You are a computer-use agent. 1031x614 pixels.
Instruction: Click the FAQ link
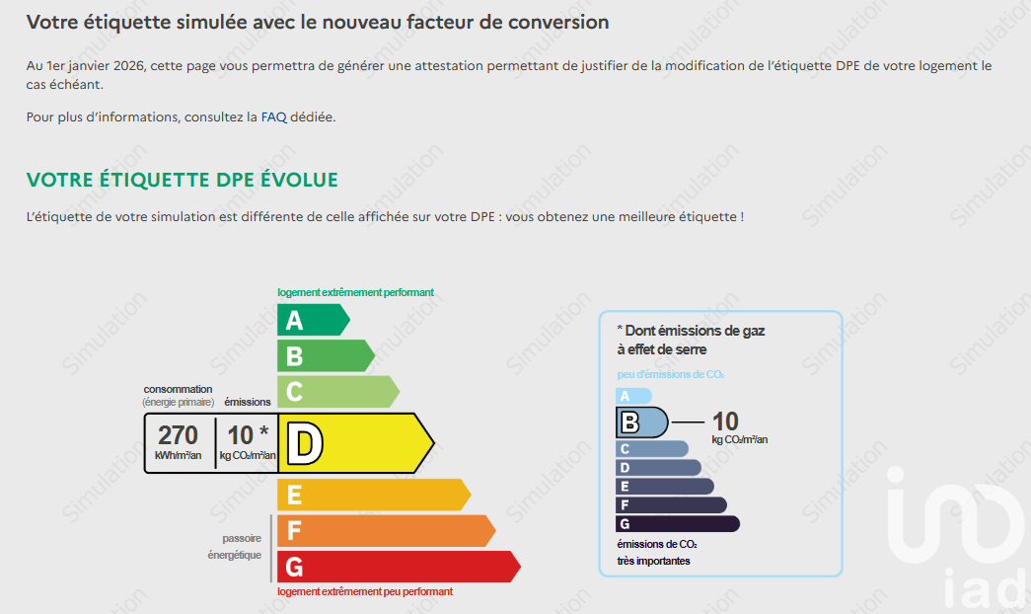[x=273, y=116]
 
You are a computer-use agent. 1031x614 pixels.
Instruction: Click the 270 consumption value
[x=178, y=435]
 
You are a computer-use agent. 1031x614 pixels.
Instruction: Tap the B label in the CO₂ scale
[x=629, y=423]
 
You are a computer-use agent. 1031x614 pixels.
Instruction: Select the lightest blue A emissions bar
[x=632, y=395]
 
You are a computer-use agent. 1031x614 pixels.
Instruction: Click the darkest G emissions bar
[x=677, y=523]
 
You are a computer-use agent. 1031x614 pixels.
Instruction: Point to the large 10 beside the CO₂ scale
[x=725, y=422]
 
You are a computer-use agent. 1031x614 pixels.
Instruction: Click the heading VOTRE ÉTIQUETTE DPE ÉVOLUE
[x=183, y=180]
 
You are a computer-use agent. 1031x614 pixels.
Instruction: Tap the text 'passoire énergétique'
[x=235, y=547]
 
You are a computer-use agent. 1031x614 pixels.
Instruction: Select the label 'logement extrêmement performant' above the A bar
[x=355, y=292]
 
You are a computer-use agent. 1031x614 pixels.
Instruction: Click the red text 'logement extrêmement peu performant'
[x=365, y=591]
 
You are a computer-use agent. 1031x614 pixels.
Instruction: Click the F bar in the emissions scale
[x=671, y=504]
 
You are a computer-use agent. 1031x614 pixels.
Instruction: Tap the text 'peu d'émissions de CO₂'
[x=671, y=375]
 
